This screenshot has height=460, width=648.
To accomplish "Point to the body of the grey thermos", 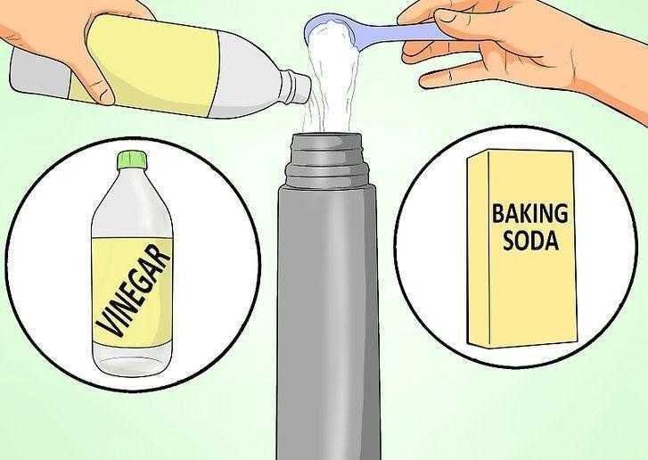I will click(x=329, y=312).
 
